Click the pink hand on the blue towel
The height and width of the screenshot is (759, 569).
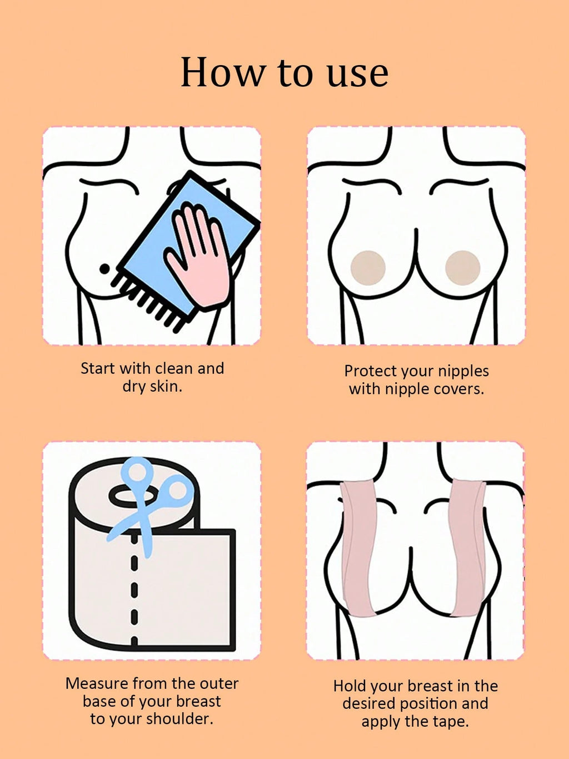click(198, 254)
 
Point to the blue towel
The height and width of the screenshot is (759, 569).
click(188, 244)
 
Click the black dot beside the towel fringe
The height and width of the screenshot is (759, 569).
click(104, 268)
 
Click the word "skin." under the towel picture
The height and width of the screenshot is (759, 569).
click(167, 387)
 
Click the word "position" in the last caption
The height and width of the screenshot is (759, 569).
click(428, 704)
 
